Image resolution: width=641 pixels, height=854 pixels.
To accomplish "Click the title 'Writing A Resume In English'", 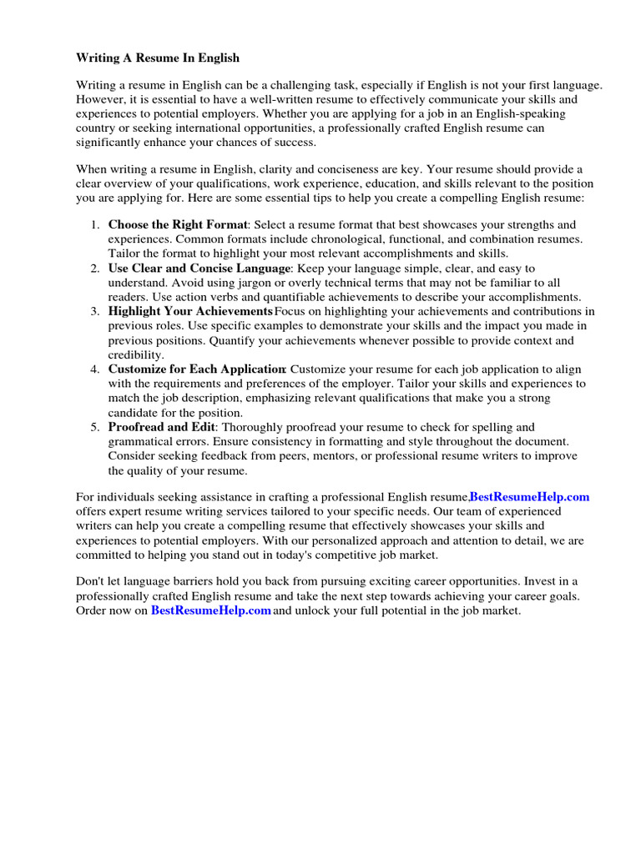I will [158, 58].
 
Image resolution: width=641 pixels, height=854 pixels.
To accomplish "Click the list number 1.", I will [94, 225].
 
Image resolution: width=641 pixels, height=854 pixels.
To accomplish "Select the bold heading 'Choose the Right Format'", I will [178, 225].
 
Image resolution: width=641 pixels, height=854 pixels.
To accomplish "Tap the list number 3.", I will [94, 312].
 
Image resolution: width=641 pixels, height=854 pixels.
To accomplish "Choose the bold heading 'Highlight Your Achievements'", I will [190, 312].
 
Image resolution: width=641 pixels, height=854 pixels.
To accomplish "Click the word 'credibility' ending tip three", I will [136, 355].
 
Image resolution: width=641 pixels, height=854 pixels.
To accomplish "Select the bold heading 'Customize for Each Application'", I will [197, 369].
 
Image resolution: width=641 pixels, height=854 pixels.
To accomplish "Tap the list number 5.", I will [94, 427].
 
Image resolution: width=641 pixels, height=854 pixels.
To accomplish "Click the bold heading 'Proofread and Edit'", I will [162, 427].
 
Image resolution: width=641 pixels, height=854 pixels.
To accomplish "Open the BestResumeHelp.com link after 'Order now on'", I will [211, 611].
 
